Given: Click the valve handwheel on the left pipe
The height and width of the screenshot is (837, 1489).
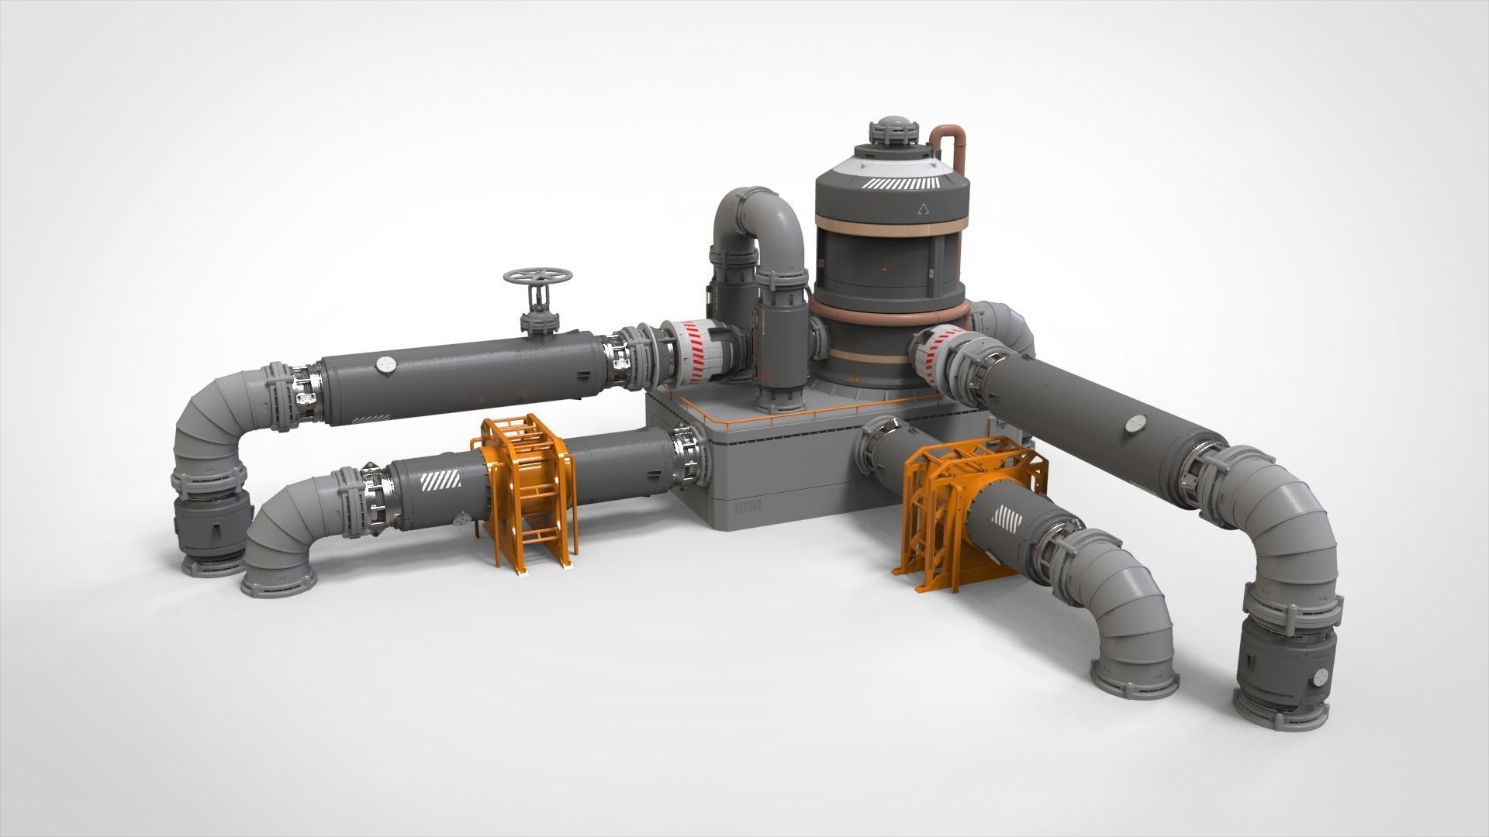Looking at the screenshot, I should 537,277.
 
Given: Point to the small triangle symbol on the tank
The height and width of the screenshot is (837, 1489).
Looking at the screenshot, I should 924,207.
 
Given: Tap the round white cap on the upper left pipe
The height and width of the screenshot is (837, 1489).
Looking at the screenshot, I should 385,365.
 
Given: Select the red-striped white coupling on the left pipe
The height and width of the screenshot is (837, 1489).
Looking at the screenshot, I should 695,353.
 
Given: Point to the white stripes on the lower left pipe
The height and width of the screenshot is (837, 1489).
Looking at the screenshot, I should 440,482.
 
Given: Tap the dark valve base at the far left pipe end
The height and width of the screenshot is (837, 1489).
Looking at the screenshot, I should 212,535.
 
